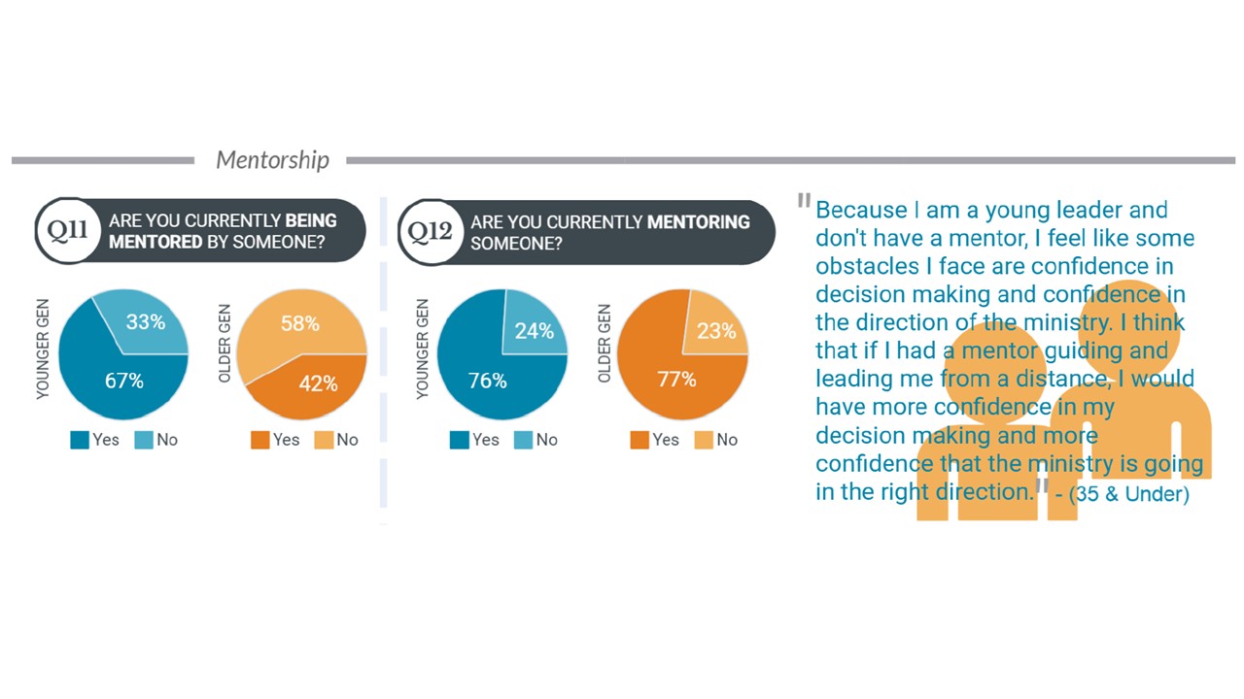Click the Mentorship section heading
point(272,160)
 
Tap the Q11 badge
point(68,231)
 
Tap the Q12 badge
point(430,231)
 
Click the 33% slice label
point(145,321)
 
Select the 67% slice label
point(123,382)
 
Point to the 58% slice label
point(300,323)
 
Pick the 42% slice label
point(318,383)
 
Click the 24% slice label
point(534,331)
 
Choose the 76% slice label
point(487,382)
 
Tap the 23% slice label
point(716,331)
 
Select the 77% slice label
point(676,380)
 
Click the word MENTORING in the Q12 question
point(698,222)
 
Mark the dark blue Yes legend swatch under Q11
point(80,440)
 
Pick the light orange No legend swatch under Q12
point(703,440)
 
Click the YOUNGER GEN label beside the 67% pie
point(43,350)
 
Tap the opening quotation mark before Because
point(804,201)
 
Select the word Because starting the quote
point(860,210)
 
